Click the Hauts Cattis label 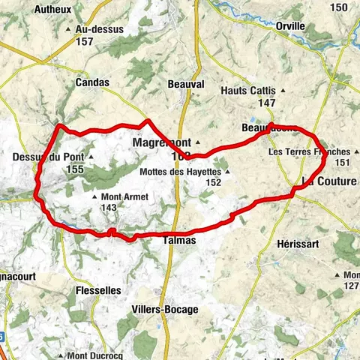point(248,90)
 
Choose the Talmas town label point(179,241)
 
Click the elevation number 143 point(109,208)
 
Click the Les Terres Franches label point(309,152)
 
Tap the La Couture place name point(329,181)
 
